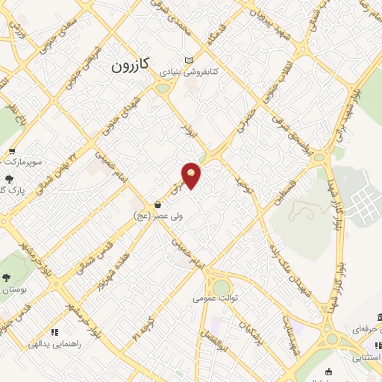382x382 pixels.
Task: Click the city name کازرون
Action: (x=131, y=66)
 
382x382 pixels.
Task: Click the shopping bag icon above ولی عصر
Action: (x=157, y=204)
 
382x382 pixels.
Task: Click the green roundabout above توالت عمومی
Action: (x=222, y=286)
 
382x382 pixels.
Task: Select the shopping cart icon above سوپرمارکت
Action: (x=10, y=148)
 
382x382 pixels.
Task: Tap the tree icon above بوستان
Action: (x=7, y=276)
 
